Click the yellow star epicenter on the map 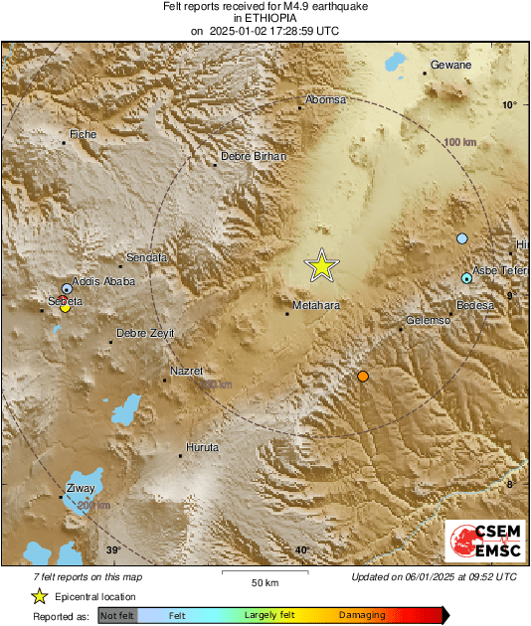(x=321, y=265)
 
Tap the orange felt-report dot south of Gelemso (x=363, y=376)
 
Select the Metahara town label (x=316, y=305)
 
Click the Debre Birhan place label (x=253, y=156)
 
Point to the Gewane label (x=449, y=66)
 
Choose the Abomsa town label (x=325, y=100)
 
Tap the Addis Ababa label (x=104, y=282)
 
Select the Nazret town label (x=186, y=371)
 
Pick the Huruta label (x=202, y=446)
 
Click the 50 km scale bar (x=263, y=573)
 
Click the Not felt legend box (x=117, y=616)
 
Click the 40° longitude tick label (x=301, y=550)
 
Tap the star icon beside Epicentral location (x=39, y=596)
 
